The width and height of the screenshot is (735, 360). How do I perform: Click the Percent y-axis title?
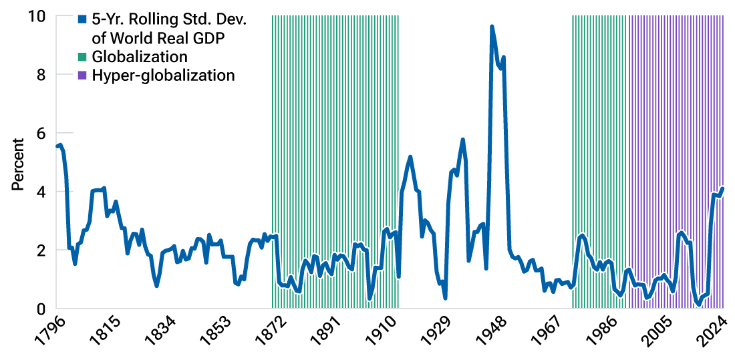click(x=18, y=164)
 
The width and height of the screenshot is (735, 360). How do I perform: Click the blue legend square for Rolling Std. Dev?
click(x=82, y=19)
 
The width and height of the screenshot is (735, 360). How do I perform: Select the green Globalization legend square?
click(x=82, y=57)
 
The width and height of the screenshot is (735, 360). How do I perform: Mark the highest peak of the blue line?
click(x=492, y=27)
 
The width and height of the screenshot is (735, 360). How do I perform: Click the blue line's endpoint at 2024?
click(x=723, y=188)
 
